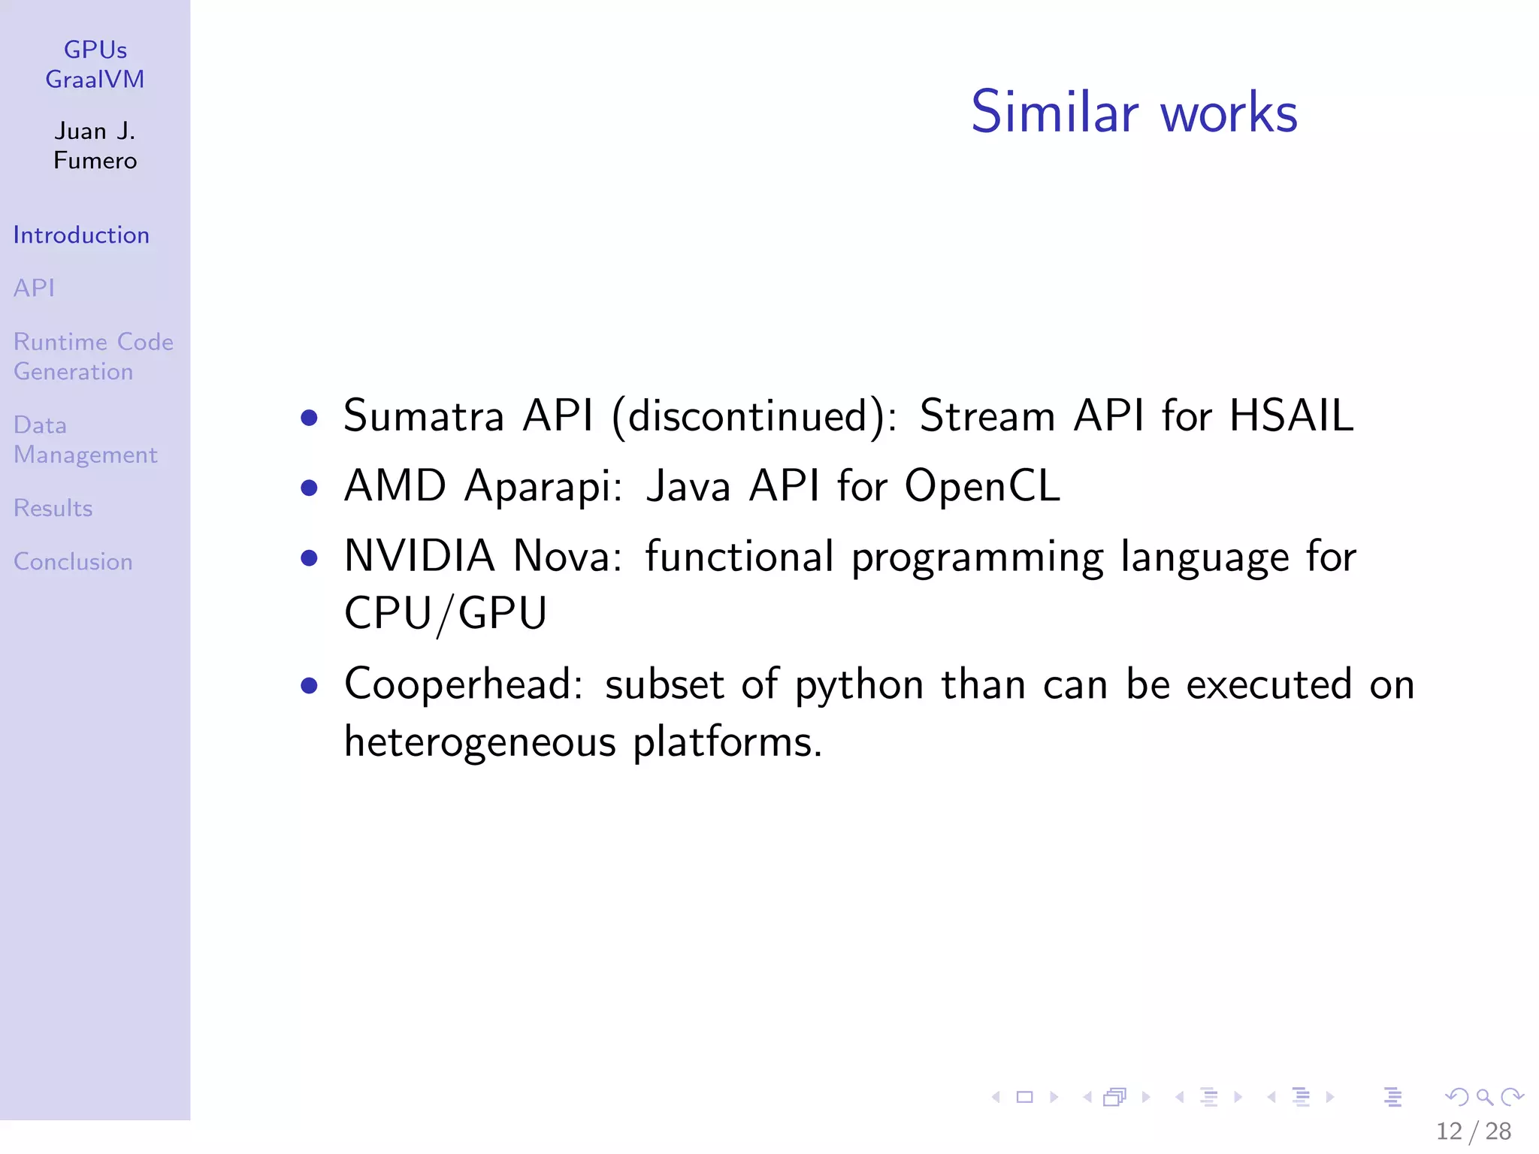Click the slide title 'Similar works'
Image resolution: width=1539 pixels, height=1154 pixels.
pyautogui.click(x=1134, y=113)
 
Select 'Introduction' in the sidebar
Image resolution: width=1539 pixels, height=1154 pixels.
pyautogui.click(x=81, y=235)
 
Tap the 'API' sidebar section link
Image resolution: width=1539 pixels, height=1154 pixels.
pyautogui.click(x=34, y=288)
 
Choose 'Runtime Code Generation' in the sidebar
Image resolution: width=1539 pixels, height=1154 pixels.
pyautogui.click(x=93, y=357)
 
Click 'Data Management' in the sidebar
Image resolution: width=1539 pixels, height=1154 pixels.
pyautogui.click(x=85, y=440)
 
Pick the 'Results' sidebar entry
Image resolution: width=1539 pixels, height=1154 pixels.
pyautogui.click(x=53, y=509)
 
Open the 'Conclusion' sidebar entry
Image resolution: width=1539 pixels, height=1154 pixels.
pyautogui.click(x=73, y=562)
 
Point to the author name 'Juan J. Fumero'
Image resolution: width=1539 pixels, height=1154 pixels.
pyautogui.click(x=95, y=146)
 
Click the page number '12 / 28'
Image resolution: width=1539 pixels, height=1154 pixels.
pyautogui.click(x=1473, y=1131)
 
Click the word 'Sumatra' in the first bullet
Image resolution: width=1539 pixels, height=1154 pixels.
pyautogui.click(x=423, y=415)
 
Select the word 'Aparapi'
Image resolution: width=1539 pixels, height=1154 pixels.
pyautogui.click(x=543, y=486)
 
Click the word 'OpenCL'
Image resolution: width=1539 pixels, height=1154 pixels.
pyautogui.click(x=982, y=486)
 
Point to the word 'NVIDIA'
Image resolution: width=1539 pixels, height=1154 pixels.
pyautogui.click(x=419, y=556)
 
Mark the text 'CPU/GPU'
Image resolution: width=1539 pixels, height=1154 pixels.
pyautogui.click(x=446, y=613)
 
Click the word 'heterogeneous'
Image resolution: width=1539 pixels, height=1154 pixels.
pyautogui.click(x=480, y=742)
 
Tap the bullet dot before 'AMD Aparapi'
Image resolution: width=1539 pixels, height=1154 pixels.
pyautogui.click(x=309, y=488)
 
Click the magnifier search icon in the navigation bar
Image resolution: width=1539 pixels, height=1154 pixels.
pyautogui.click(x=1484, y=1097)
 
